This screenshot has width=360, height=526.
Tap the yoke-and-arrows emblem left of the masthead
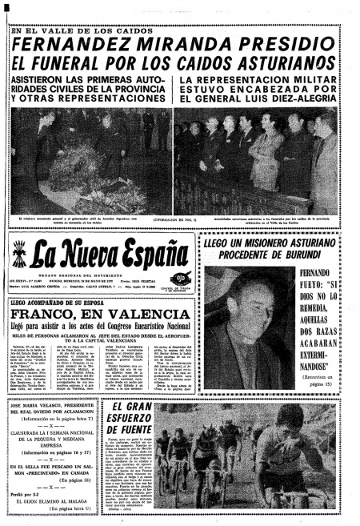click(x=19, y=255)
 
